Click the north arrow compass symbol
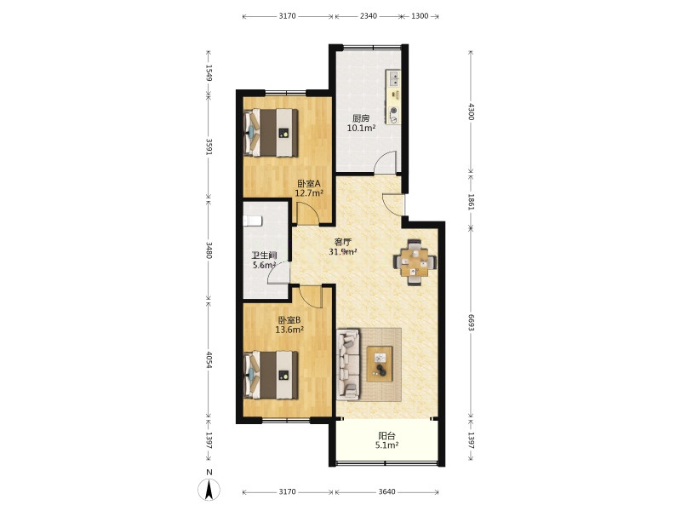(209, 490)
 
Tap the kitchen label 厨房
(361, 118)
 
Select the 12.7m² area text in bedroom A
(309, 193)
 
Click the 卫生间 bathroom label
(265, 256)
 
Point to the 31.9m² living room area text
(343, 251)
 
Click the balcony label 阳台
(386, 436)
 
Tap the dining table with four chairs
(415, 262)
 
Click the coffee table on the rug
(380, 364)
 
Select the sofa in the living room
(348, 365)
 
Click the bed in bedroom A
(271, 133)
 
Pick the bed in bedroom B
(271, 375)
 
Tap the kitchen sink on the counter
(394, 78)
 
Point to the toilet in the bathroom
(252, 221)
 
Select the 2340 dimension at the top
(369, 16)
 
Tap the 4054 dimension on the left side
(209, 359)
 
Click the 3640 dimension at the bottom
(387, 492)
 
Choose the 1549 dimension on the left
(209, 73)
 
